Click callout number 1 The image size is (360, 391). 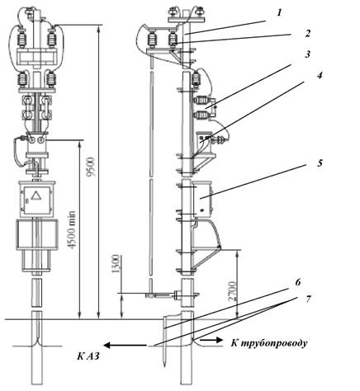click(279, 12)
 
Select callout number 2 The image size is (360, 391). click(307, 33)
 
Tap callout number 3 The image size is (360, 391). click(307, 54)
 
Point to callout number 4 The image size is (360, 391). click(319, 75)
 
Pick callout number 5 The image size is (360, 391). click(320, 163)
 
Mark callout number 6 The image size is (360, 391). click(297, 282)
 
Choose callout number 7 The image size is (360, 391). click(308, 299)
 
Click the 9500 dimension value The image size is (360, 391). click(92, 167)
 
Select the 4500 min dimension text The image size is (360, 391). click(71, 230)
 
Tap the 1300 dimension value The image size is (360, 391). click(116, 264)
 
